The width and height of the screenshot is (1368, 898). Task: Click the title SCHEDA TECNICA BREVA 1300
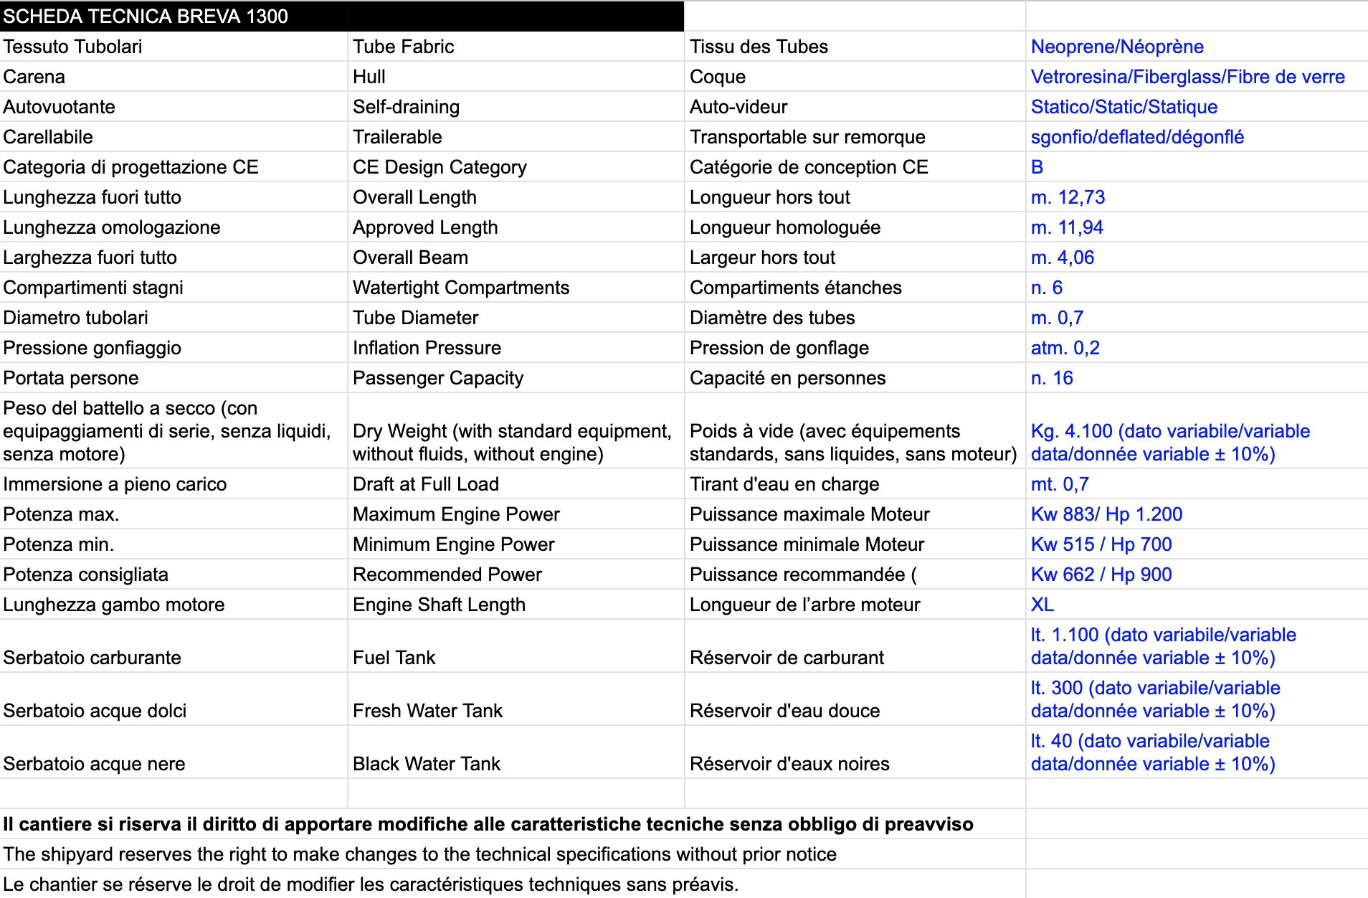tap(146, 16)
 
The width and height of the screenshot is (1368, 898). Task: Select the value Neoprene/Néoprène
tap(1116, 47)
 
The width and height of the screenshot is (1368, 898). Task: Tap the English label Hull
tap(369, 77)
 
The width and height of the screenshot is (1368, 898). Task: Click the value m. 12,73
tap(1068, 197)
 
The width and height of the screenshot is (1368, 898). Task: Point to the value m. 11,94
tap(1066, 227)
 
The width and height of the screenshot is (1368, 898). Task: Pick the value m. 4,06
tap(1062, 257)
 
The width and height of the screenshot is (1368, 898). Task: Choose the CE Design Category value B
tap(1037, 167)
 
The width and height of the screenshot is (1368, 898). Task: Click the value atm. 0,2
tap(1065, 348)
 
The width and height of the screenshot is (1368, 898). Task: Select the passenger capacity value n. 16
tap(1052, 378)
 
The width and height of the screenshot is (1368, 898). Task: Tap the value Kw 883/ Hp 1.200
tap(1106, 514)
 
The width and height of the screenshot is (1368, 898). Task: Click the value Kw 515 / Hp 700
tap(1101, 544)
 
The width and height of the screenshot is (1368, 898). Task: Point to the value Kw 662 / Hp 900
tap(1101, 575)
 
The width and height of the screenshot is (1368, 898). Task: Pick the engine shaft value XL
tap(1042, 605)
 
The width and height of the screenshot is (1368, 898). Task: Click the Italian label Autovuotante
tap(59, 107)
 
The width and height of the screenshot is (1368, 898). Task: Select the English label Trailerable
tap(397, 137)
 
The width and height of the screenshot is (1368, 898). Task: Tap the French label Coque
tap(717, 77)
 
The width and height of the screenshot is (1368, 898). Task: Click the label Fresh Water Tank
tap(427, 711)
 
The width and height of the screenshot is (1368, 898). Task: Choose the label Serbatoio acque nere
tap(94, 764)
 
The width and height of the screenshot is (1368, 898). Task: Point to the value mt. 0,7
tap(1059, 484)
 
